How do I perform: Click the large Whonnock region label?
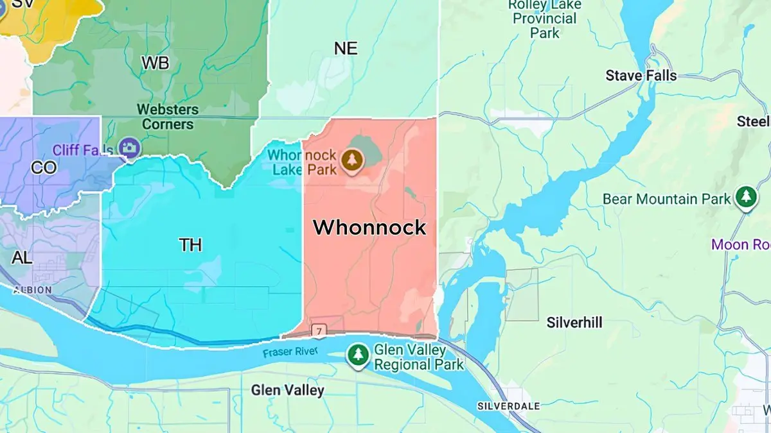369,228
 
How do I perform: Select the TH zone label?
190,244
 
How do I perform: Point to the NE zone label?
346,48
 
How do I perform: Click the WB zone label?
155,63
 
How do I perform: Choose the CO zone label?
44,168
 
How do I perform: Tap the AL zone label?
22,258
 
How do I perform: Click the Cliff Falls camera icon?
130,149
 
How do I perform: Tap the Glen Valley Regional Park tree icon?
358,354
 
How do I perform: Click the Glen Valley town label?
287,390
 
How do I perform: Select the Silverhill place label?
574,323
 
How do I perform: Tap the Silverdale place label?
509,406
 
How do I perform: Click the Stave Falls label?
641,76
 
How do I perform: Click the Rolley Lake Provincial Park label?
545,18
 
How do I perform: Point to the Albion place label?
31,290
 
